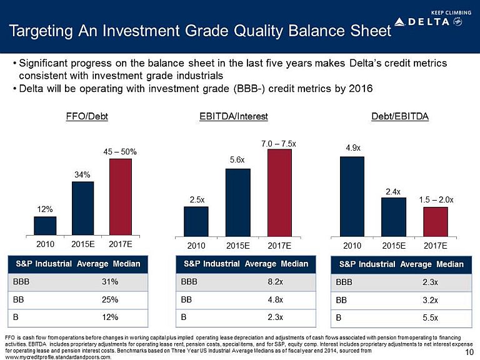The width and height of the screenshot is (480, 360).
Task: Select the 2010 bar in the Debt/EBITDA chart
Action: coord(352,196)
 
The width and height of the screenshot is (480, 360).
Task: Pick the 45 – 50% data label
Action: coord(121,151)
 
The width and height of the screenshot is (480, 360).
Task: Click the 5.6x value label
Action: coord(237,160)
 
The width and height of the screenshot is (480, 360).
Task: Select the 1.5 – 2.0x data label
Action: coord(437,199)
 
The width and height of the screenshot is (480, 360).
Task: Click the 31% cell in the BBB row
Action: coord(110,281)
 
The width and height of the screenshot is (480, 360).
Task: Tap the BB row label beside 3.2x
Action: coord(342,299)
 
